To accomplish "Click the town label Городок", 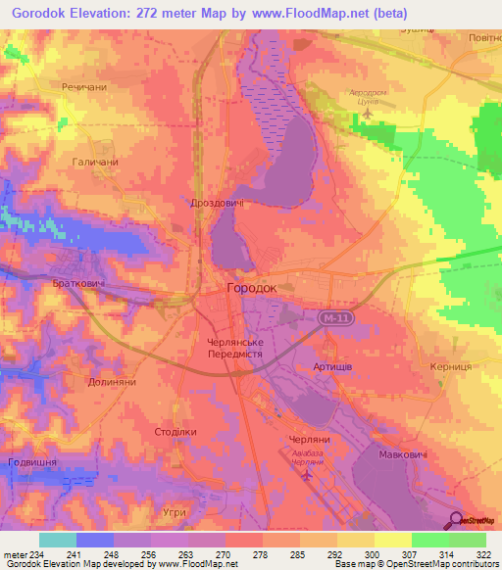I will click(251, 289).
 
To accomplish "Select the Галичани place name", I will click(95, 162).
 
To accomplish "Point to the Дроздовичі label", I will click(217, 203).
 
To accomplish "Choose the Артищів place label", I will click(333, 364).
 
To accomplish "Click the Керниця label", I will click(450, 364).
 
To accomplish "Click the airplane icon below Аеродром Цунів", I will click(368, 113).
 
